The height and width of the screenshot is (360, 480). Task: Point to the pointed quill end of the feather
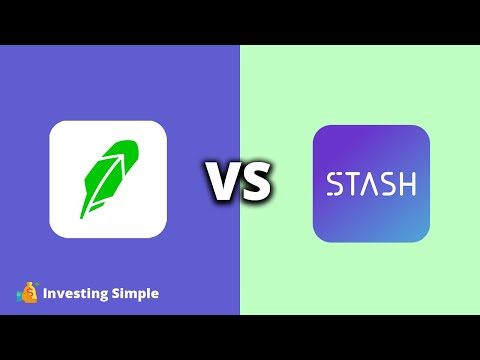(82, 212)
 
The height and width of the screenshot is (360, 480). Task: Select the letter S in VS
(255, 183)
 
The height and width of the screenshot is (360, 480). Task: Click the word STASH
(371, 184)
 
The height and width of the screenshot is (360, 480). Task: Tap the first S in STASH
(334, 184)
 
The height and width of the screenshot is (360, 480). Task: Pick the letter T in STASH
(351, 184)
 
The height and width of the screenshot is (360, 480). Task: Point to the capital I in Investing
(45, 294)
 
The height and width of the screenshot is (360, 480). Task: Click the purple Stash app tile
(371, 184)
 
